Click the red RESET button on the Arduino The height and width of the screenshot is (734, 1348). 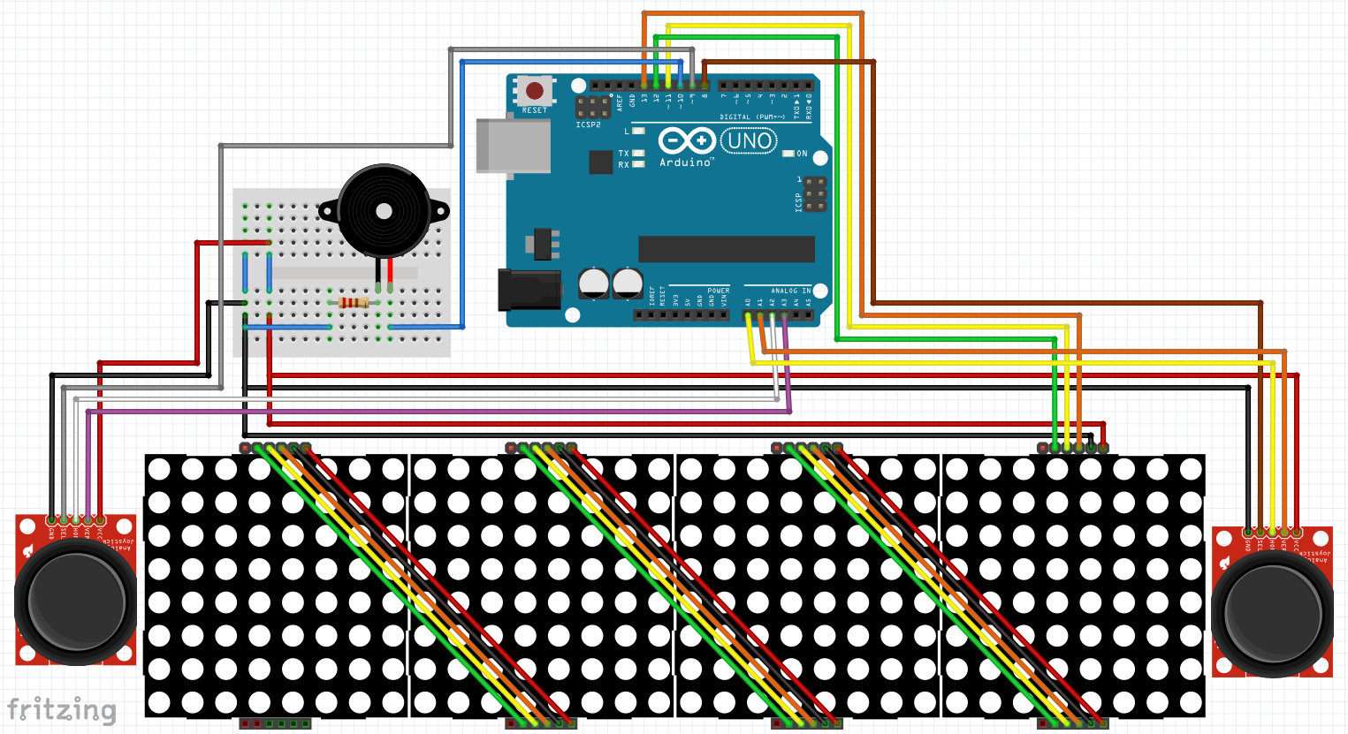(535, 90)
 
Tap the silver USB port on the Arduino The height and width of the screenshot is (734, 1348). (513, 146)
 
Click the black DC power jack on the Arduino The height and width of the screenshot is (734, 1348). (529, 290)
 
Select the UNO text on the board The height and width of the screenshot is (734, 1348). (750, 141)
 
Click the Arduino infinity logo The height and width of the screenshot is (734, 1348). (687, 141)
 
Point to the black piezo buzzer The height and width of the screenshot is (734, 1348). (384, 211)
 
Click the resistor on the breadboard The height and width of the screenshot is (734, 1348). (354, 303)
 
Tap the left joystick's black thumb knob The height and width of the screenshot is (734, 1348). (76, 602)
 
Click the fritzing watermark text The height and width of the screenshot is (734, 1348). (62, 709)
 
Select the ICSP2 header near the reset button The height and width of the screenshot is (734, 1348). (592, 108)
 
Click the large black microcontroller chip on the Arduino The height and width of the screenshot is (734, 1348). (726, 249)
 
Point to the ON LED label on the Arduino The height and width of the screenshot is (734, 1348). (802, 154)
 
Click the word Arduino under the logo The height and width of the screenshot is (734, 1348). (685, 163)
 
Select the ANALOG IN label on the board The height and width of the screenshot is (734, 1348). (790, 291)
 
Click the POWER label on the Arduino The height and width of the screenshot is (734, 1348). (718, 291)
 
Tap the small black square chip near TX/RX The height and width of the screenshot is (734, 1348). (601, 162)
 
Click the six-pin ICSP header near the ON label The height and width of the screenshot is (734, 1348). (814, 194)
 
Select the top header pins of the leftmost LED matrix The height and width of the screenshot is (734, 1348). (275, 449)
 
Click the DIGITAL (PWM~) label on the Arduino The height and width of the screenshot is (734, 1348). (751, 117)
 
